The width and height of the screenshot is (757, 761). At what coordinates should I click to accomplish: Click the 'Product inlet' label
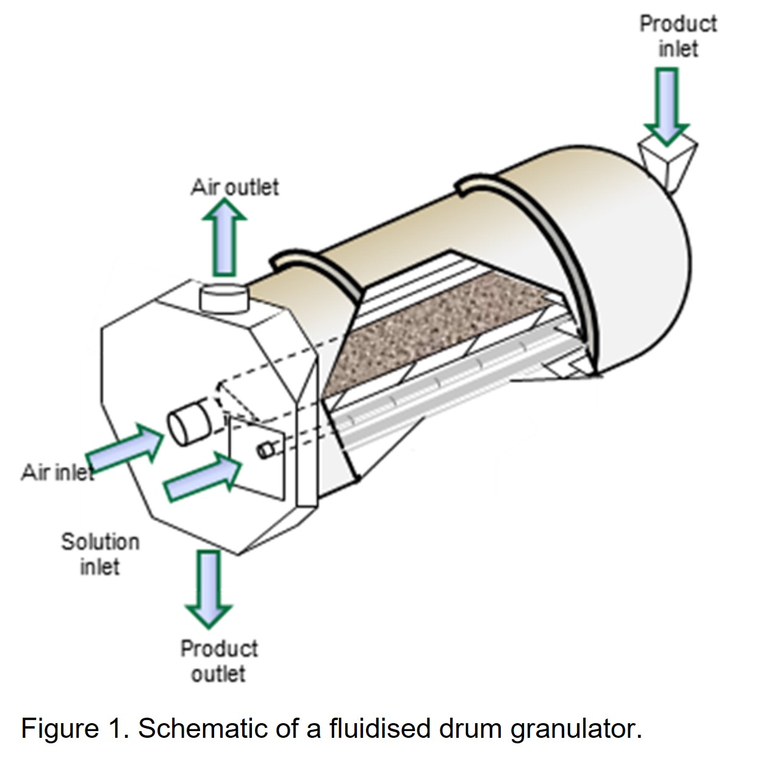[678, 36]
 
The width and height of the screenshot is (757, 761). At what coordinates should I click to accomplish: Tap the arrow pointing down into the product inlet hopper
[667, 104]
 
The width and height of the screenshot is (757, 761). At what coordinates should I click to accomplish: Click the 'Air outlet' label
[234, 187]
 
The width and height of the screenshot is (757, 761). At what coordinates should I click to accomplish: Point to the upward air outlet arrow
[224, 238]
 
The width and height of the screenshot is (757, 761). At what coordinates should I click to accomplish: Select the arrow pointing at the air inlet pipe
[125, 449]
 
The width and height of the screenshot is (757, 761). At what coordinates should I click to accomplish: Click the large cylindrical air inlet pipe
[190, 422]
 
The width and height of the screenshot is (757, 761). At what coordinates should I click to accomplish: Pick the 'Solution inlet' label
[100, 554]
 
